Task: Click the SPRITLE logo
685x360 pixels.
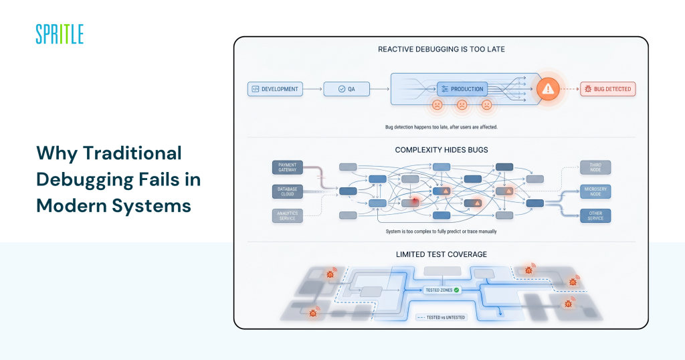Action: pyautogui.click(x=60, y=34)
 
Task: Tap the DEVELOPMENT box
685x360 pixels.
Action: pyautogui.click(x=274, y=88)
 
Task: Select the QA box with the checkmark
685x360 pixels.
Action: pyautogui.click(x=347, y=88)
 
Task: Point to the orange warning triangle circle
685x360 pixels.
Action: pyautogui.click(x=548, y=88)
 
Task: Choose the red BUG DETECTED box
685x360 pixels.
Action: pyautogui.click(x=607, y=88)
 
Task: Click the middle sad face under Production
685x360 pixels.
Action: pyautogui.click(x=462, y=105)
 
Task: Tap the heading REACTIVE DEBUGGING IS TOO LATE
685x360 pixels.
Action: pyautogui.click(x=441, y=49)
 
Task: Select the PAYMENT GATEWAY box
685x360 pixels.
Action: pyautogui.click(x=288, y=167)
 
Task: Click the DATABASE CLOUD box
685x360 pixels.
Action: pyautogui.click(x=288, y=191)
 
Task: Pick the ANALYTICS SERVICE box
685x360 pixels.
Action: pyautogui.click(x=288, y=215)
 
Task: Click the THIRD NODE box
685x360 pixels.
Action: pyautogui.click(x=595, y=167)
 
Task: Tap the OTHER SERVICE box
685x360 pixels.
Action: pyautogui.click(x=595, y=215)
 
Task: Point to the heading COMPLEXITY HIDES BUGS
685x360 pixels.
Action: pyautogui.click(x=441, y=149)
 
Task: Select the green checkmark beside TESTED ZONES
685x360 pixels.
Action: pyautogui.click(x=457, y=290)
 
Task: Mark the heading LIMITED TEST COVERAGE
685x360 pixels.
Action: pyautogui.click(x=441, y=254)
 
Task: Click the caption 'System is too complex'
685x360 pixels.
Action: pyautogui.click(x=441, y=231)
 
